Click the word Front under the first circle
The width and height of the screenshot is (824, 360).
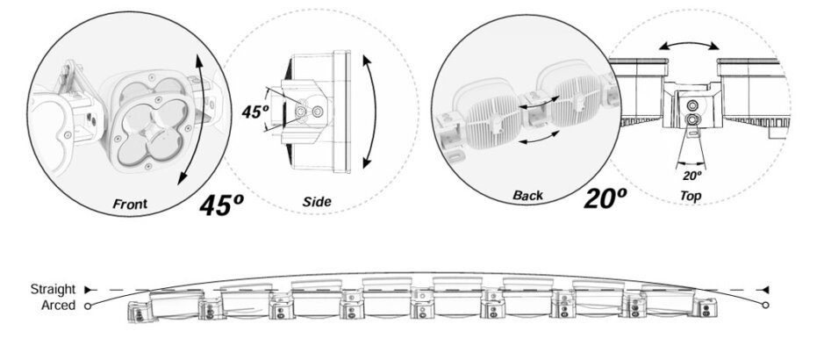tap(130, 204)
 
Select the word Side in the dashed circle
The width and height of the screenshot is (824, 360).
tap(317, 202)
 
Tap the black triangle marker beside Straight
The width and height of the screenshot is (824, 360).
tap(88, 289)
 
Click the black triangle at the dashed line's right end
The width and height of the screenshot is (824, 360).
tap(765, 289)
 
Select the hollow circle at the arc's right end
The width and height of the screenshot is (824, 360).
tap(766, 306)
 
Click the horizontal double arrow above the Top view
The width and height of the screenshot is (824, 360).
tap(690, 43)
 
